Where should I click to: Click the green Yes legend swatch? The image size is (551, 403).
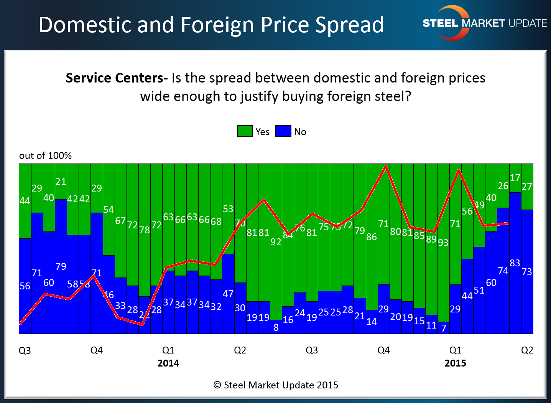pos(245,131)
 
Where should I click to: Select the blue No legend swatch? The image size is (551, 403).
pos(283,131)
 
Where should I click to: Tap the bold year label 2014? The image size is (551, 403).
pos(168,363)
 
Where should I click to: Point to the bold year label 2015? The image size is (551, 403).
pos(455,363)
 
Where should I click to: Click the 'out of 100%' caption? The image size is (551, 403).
pos(45,155)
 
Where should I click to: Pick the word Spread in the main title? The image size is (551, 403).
pos(349,25)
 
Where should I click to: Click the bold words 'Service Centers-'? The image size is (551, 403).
pos(117,78)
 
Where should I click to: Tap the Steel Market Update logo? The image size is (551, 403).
pos(484,23)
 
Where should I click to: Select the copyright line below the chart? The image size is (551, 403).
pos(276,385)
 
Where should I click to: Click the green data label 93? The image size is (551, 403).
pos(443,243)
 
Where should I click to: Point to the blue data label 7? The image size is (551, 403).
pos(444,328)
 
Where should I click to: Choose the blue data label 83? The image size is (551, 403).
pos(515,263)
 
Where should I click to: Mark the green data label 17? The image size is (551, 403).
pos(515,178)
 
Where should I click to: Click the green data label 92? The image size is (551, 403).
pos(276,242)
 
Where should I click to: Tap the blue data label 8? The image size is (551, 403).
pos(276,328)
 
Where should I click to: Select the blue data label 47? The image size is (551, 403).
pos(228,294)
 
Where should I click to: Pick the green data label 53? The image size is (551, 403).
pos(228,209)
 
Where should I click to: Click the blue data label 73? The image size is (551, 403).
pos(527,272)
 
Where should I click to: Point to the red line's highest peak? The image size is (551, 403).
pos(385,166)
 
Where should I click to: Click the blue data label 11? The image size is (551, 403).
pos(431,325)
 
